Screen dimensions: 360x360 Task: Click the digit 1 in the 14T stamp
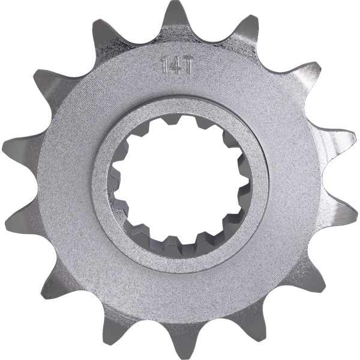click(x=164, y=65)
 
